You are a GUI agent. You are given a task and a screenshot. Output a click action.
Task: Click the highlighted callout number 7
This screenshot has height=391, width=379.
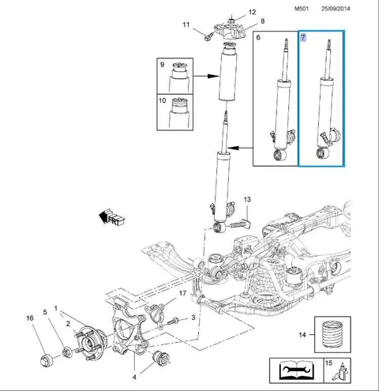(303, 38)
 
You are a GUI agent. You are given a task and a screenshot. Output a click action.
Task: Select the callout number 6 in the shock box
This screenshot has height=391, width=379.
(258, 37)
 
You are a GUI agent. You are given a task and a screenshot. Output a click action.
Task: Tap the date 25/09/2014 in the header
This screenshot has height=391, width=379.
(336, 9)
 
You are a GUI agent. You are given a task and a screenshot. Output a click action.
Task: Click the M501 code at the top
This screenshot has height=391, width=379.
(302, 9)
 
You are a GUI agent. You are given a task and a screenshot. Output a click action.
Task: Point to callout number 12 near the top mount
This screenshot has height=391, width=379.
(252, 12)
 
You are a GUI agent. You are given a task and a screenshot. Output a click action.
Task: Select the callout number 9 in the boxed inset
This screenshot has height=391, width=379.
(162, 65)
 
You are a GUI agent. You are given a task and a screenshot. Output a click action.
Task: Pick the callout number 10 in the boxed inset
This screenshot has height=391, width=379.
(163, 100)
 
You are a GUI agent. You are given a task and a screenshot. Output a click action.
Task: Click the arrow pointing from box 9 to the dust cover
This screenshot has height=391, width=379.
(206, 76)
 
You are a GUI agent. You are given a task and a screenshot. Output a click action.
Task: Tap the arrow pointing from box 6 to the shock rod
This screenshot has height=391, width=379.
(240, 148)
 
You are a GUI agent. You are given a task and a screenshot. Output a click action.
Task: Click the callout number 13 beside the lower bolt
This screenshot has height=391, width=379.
(247, 200)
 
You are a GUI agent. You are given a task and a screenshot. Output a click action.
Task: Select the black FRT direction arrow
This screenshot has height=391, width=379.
(111, 216)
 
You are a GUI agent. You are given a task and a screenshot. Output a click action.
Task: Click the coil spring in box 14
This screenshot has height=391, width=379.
(332, 334)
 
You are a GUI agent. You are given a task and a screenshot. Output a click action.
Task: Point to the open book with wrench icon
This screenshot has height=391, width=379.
(296, 370)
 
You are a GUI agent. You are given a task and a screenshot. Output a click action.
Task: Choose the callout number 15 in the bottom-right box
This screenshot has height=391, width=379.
(328, 363)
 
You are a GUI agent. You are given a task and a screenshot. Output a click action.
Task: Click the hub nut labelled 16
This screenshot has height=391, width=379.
(47, 360)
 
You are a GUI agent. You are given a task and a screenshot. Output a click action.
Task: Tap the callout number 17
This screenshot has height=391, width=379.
(182, 293)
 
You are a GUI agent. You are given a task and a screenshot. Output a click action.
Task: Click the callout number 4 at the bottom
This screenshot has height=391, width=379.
(134, 378)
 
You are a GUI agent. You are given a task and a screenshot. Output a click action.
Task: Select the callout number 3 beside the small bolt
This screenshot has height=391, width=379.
(193, 318)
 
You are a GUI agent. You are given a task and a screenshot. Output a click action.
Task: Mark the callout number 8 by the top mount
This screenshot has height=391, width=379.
(262, 21)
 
